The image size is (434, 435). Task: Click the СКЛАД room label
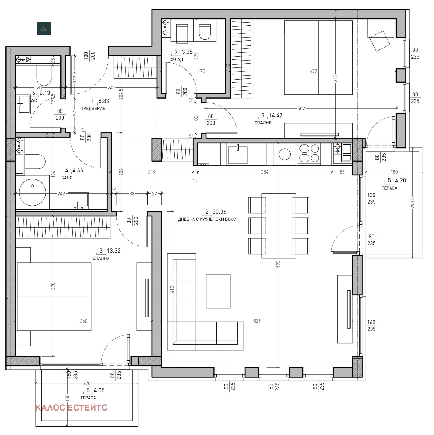[x=176, y=59]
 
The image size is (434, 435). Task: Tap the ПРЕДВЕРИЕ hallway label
[x=92, y=108]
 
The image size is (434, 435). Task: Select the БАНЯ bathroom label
[x=67, y=178]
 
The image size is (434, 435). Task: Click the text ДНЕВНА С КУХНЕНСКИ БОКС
[x=207, y=219]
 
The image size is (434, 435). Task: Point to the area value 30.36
[x=219, y=212]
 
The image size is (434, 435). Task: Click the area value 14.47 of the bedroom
[x=275, y=115]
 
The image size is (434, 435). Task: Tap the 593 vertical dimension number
[x=278, y=264]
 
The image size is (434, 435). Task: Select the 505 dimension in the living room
[x=257, y=321]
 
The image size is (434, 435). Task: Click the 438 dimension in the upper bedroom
[x=313, y=71]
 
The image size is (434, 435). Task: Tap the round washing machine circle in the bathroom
[x=32, y=192]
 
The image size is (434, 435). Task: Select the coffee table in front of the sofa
[x=218, y=291]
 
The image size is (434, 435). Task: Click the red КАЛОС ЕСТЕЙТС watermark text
[x=71, y=408]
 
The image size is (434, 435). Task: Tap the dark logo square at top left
[x=44, y=29]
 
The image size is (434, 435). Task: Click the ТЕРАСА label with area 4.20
[x=389, y=188]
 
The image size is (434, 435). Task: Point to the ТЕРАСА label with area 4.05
[x=88, y=398]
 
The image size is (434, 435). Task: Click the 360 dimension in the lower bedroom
[x=84, y=321]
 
